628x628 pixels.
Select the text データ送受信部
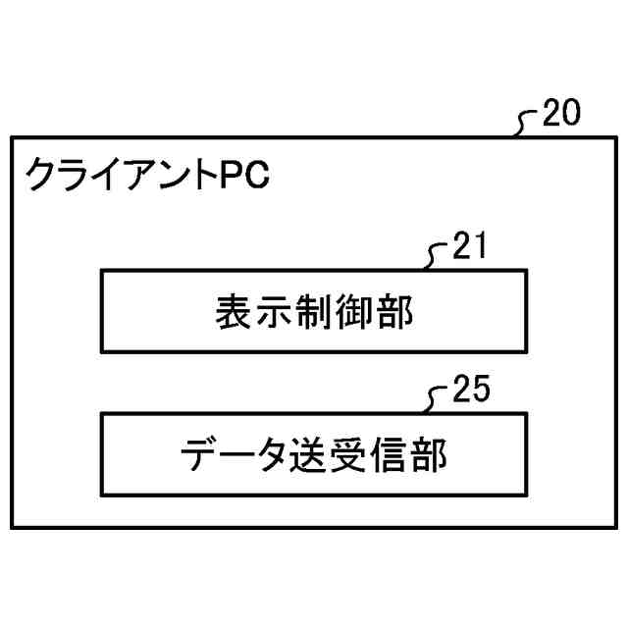tap(314, 456)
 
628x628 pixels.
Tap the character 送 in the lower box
tap(314, 456)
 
